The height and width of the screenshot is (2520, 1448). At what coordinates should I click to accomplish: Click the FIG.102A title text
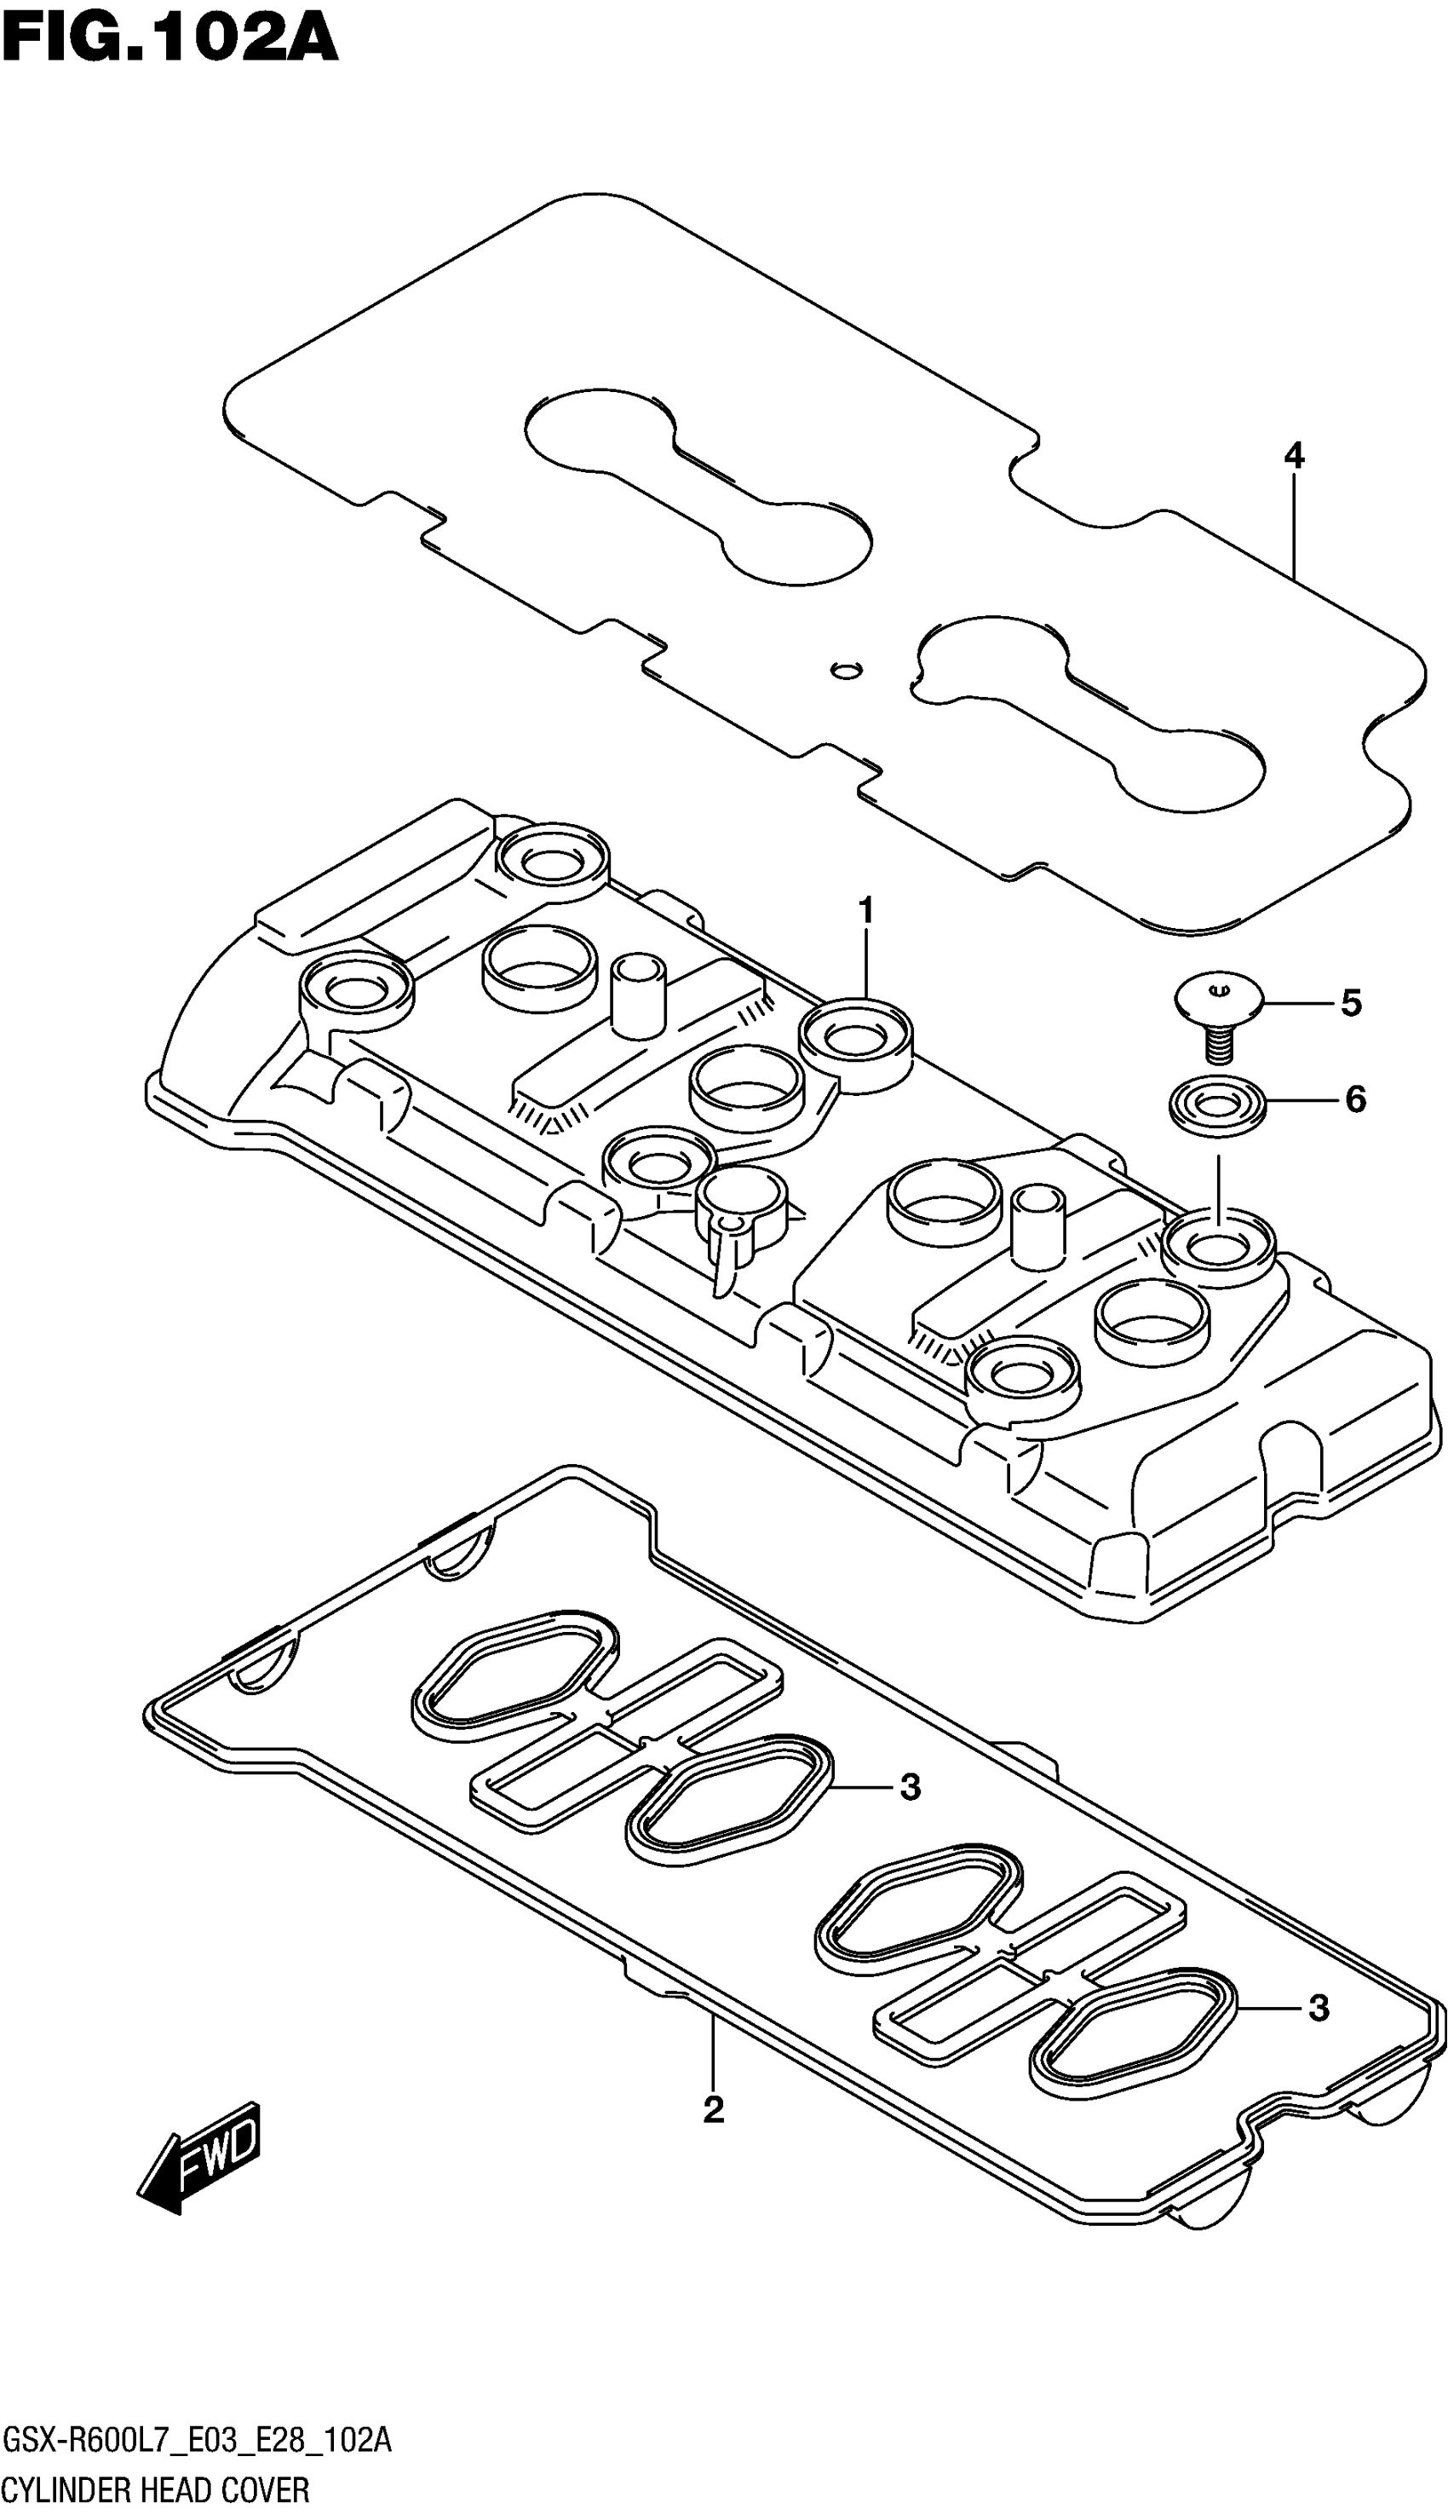pyautogui.click(x=169, y=40)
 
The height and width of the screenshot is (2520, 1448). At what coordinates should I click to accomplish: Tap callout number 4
pyautogui.click(x=1293, y=456)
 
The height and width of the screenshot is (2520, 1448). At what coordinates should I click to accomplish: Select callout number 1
pyautogui.click(x=866, y=910)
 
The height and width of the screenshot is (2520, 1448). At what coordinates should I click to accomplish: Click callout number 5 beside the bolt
pyautogui.click(x=1351, y=1003)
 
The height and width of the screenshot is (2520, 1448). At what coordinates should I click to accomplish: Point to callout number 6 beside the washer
pyautogui.click(x=1354, y=1099)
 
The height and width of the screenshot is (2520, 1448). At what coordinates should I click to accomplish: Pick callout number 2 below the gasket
pyautogui.click(x=713, y=2137)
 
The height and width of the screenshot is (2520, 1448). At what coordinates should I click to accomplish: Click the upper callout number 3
pyautogui.click(x=910, y=1788)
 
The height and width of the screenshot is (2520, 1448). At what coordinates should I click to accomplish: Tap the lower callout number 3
pyautogui.click(x=1319, y=2009)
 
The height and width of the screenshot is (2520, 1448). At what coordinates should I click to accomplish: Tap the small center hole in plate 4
pyautogui.click(x=847, y=668)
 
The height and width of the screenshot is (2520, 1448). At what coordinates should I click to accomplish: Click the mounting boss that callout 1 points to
pyautogui.click(x=855, y=1040)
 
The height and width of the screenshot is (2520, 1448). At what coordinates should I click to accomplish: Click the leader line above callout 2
pyautogui.click(x=713, y=2059)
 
